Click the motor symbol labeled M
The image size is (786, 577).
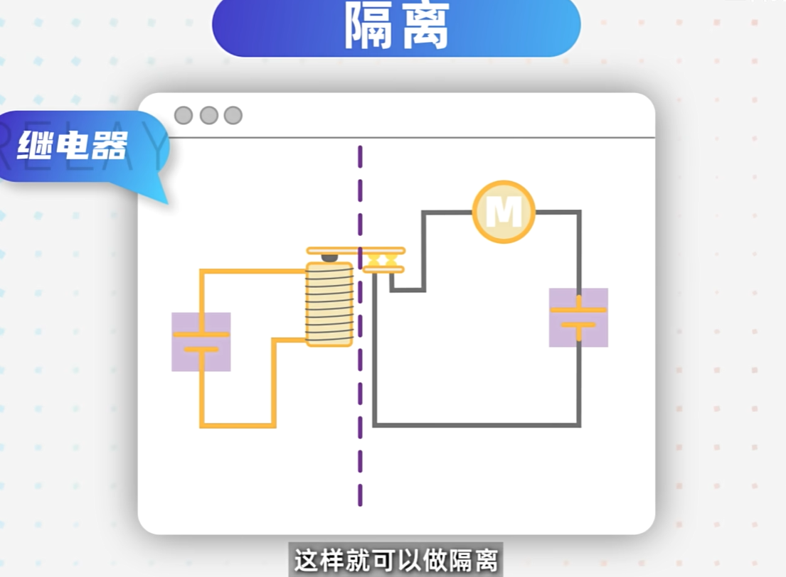[504, 212]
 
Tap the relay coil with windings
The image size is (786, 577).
[329, 304]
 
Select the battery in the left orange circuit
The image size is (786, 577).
[201, 342]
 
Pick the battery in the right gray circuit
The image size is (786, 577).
[578, 318]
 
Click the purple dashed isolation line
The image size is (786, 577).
[360, 398]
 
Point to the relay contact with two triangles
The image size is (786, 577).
[383, 260]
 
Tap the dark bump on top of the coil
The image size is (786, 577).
[330, 257]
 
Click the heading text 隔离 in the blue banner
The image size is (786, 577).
[396, 27]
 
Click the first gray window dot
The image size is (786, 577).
[184, 115]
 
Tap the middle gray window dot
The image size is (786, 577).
[208, 115]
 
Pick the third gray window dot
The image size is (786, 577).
[233, 115]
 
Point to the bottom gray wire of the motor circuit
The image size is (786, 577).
[477, 425]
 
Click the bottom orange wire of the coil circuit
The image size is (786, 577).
[238, 426]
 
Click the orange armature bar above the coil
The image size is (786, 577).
[334, 251]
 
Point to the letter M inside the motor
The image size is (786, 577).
[504, 212]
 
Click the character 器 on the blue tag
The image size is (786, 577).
[110, 146]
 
